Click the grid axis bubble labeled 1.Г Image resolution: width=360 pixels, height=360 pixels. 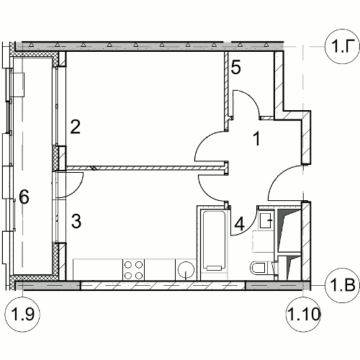click(342, 46)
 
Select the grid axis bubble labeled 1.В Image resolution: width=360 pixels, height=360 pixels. click(342, 285)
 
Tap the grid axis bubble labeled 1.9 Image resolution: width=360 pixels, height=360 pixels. click(22, 314)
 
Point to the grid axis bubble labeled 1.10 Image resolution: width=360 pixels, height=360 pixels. click(304, 314)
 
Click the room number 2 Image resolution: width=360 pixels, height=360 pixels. click(76, 127)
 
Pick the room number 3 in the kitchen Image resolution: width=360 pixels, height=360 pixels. click(76, 221)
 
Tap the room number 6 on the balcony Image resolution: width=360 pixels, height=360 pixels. click(24, 197)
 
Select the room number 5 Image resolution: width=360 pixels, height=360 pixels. click(235, 68)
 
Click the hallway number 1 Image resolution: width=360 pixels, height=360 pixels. click(256, 139)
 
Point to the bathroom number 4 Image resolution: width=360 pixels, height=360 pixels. click(240, 225)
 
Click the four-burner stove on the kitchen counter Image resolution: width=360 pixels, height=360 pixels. click(133, 269)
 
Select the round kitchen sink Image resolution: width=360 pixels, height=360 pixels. click(186, 270)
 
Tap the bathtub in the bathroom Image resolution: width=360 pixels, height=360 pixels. click(214, 240)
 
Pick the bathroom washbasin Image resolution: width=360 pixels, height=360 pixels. click(266, 220)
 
